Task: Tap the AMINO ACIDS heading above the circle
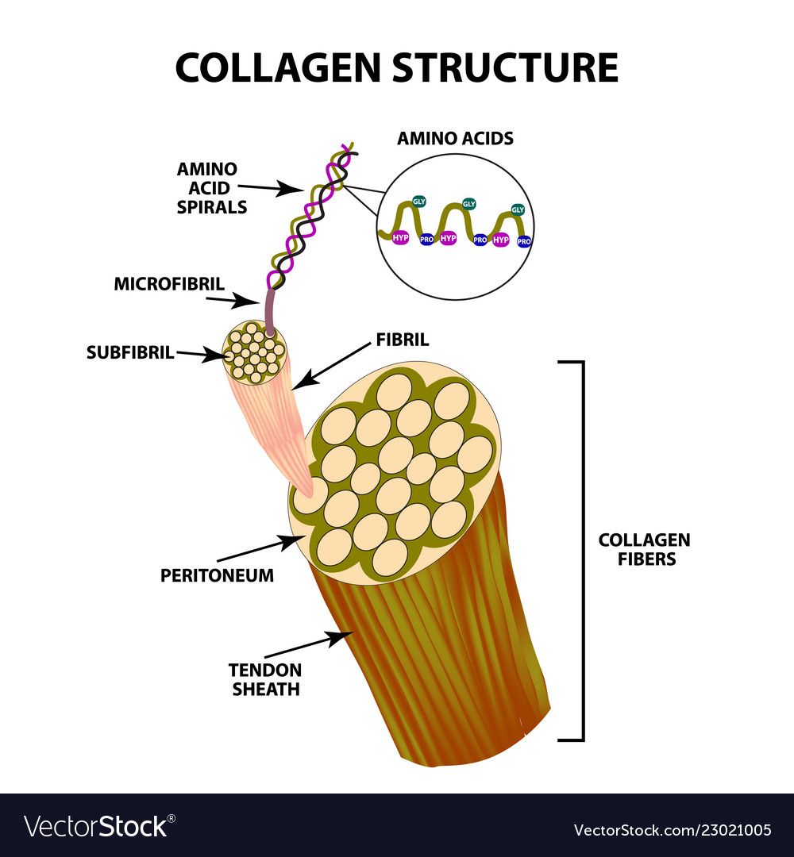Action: coord(455,138)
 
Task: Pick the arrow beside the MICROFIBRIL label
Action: coord(232,301)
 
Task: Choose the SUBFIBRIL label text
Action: coord(130,353)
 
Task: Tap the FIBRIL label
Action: coord(402,340)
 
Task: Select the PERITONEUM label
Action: coord(217,575)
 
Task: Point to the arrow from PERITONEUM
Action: coord(261,549)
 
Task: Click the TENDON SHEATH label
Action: coord(265,678)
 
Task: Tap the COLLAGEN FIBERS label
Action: coord(644,549)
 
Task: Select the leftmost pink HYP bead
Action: coord(400,237)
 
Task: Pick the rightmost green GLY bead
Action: coord(518,209)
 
